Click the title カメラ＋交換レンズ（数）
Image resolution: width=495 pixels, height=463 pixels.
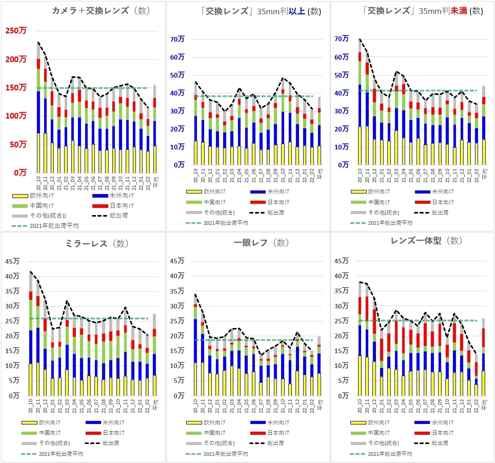pyautogui.click(x=97, y=11)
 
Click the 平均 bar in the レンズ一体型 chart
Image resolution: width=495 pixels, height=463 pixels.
pyautogui.click(x=483, y=359)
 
